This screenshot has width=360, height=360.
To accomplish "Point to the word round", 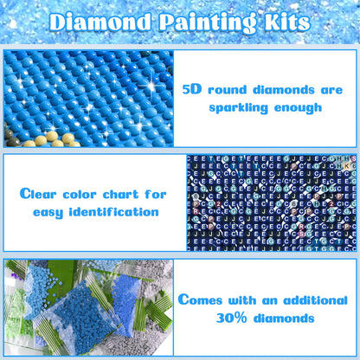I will (x=236, y=89).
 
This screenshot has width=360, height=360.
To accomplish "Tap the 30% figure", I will (x=225, y=318).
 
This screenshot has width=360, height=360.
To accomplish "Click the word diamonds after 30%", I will (x=286, y=318).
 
